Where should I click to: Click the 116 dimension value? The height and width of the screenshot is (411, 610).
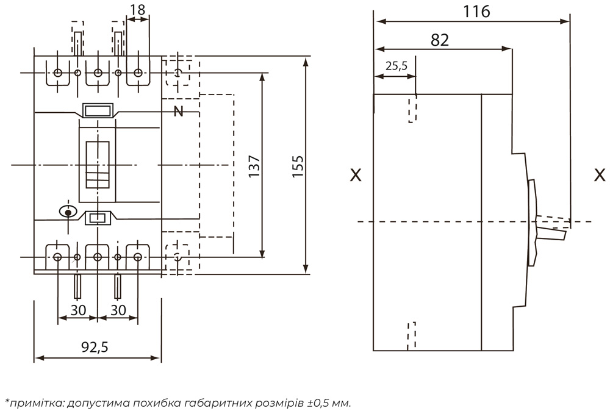click(476, 12)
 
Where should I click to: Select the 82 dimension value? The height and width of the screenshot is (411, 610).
click(440, 40)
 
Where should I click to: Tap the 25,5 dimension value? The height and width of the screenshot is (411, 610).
click(396, 66)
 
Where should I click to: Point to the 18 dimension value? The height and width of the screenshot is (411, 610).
click(138, 9)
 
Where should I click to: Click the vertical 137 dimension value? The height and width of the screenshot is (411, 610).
click(254, 166)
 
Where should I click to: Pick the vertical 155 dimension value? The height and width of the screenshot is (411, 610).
click(298, 166)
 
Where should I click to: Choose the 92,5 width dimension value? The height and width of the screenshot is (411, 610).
click(95, 347)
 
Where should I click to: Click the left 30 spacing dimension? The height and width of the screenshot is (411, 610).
click(78, 310)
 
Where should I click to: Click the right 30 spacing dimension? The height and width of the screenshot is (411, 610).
click(118, 310)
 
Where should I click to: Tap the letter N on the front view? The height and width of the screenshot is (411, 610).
click(178, 112)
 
